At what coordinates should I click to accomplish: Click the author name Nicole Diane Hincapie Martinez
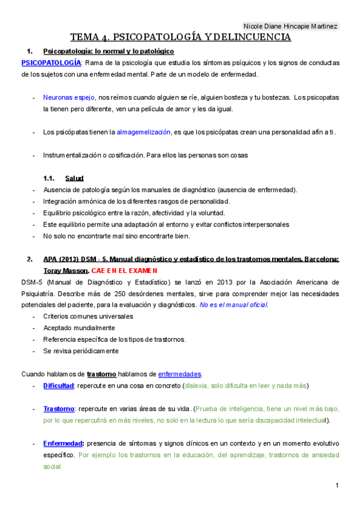click(x=290, y=27)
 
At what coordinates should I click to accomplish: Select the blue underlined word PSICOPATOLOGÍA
click(x=51, y=63)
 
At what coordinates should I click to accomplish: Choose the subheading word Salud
click(x=74, y=178)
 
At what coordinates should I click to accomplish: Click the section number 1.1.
click(x=49, y=178)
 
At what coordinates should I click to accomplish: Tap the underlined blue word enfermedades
click(x=180, y=374)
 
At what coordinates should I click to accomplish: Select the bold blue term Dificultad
click(x=58, y=385)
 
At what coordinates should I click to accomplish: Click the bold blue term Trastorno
click(x=59, y=409)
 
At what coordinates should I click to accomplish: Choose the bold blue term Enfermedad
click(x=63, y=444)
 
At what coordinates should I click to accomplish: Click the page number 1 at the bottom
click(x=336, y=487)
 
